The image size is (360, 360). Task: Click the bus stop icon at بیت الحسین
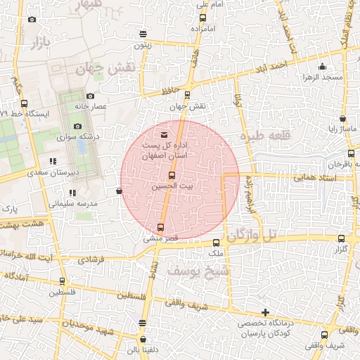click(172, 175)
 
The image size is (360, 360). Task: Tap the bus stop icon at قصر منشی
click(161, 227)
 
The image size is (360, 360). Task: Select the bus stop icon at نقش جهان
click(187, 95)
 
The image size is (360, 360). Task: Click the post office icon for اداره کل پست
click(165, 134)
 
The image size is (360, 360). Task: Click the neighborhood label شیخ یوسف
click(195, 270)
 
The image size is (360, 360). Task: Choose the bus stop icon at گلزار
click(341, 239)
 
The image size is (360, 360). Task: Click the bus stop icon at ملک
click(216, 243)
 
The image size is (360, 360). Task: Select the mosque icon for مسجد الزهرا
click(322, 66)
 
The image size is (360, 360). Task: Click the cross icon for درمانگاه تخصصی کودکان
click(264, 312)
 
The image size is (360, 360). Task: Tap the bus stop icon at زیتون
click(143, 33)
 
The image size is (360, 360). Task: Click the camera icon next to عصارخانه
click(89, 96)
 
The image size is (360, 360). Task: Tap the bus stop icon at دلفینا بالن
click(143, 323)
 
